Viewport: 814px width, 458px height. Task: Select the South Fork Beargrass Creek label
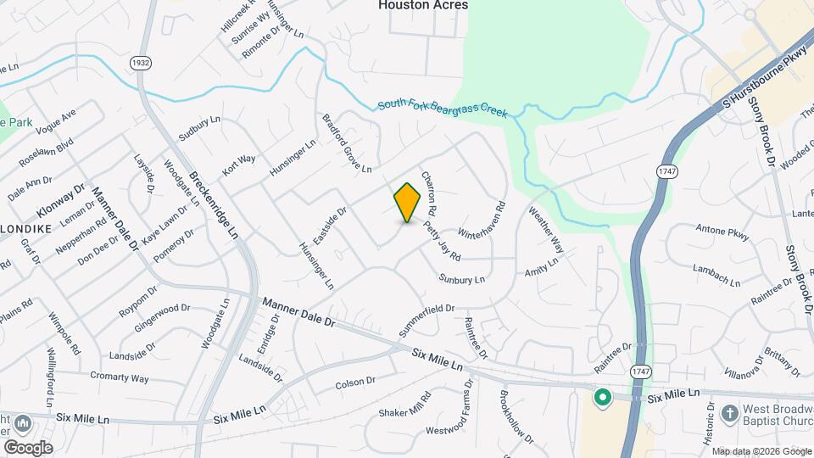point(443,108)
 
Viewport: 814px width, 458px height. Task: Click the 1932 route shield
point(141,63)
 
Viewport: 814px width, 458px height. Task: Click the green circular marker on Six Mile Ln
point(603,397)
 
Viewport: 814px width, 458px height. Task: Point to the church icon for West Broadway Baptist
point(728,413)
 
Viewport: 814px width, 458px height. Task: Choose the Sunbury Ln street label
point(461,279)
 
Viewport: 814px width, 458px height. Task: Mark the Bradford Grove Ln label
point(346,142)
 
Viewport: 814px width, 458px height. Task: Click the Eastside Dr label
point(331,225)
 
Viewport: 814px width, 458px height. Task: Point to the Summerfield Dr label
point(428,319)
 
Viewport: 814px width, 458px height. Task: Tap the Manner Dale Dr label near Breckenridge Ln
point(298,312)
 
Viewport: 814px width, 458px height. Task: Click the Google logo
point(27,448)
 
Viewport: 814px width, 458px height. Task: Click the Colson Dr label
point(355,383)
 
